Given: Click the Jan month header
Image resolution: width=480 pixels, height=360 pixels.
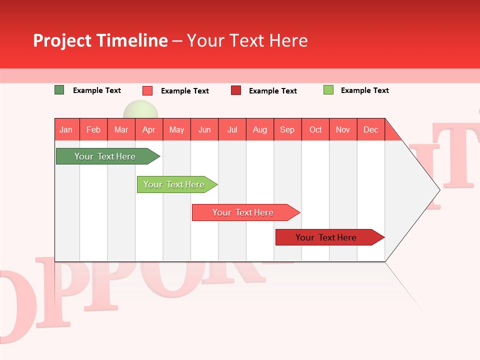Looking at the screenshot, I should tap(66, 129).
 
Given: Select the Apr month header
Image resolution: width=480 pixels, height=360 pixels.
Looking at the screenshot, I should tap(149, 129).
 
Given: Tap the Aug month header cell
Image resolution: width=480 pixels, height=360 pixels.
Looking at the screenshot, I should tap(260, 129).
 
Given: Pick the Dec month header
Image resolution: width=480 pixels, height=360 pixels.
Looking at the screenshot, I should tap(370, 129).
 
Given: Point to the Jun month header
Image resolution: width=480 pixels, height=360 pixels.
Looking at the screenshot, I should tap(204, 129).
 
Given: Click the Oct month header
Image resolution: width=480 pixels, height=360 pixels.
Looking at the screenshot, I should tap(315, 129).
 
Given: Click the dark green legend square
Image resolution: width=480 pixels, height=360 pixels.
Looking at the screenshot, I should tap(59, 90).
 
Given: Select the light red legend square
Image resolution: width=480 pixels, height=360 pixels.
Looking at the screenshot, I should tap(147, 90).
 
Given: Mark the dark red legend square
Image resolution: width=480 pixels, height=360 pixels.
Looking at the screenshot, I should tap(236, 90).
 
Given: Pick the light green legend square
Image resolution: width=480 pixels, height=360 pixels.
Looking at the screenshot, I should tap(328, 90).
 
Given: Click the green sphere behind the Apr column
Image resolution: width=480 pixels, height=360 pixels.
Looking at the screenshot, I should tap(141, 109).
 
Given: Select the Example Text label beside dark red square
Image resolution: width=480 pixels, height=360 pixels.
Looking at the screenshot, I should tap(273, 90).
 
